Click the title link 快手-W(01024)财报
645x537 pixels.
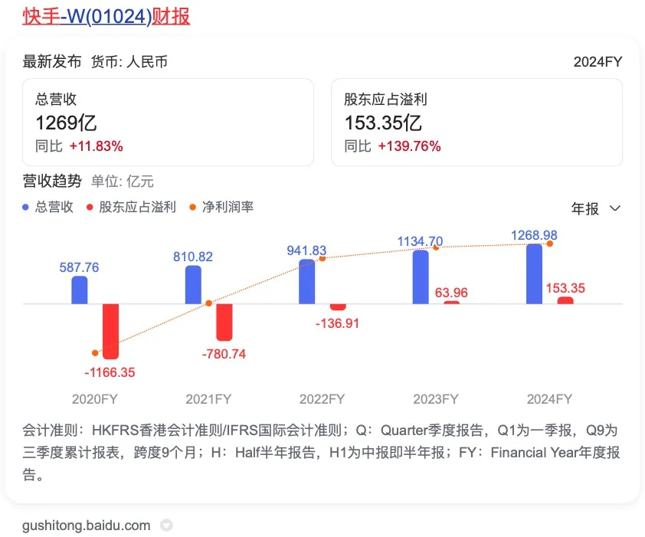pyautogui.click(x=106, y=16)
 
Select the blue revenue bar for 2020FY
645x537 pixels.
pyautogui.click(x=80, y=290)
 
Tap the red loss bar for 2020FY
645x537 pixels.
pyautogui.click(x=110, y=331)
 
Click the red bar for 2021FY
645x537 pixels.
pyautogui.click(x=224, y=322)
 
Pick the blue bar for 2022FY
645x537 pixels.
pyautogui.click(x=306, y=281)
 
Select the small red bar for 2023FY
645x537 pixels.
pyautogui.click(x=451, y=302)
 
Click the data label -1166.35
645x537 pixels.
pyautogui.click(x=110, y=372)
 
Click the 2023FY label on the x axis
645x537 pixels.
pyautogui.click(x=435, y=399)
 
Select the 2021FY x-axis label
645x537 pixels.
pyautogui.click(x=208, y=399)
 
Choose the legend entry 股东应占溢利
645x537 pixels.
pyautogui.click(x=132, y=207)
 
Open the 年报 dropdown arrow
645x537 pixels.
pyautogui.click(x=614, y=208)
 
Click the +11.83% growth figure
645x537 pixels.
pyautogui.click(x=96, y=146)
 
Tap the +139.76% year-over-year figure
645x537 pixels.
pyautogui.click(x=409, y=146)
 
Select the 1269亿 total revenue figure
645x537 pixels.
pyautogui.click(x=66, y=123)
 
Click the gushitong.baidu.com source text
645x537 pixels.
pyautogui.click(x=87, y=526)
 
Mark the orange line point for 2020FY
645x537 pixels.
pyautogui.click(x=95, y=353)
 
